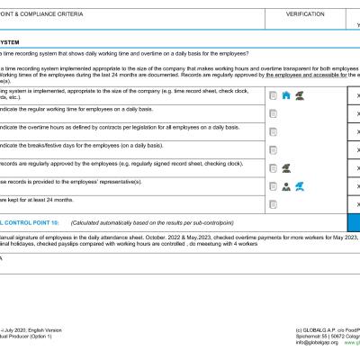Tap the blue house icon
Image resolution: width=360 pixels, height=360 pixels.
[x=285, y=94]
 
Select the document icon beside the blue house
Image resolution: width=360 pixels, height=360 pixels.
[x=273, y=94]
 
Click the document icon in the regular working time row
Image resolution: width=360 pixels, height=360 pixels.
[x=273, y=113]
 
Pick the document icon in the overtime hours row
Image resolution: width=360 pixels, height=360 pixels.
[x=273, y=131]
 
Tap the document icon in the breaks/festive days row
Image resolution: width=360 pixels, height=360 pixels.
[x=273, y=149]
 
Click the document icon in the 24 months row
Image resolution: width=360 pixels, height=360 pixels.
[x=273, y=203]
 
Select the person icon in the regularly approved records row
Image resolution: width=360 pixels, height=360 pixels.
[x=285, y=167]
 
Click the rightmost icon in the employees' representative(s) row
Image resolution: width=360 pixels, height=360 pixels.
[x=299, y=185]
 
